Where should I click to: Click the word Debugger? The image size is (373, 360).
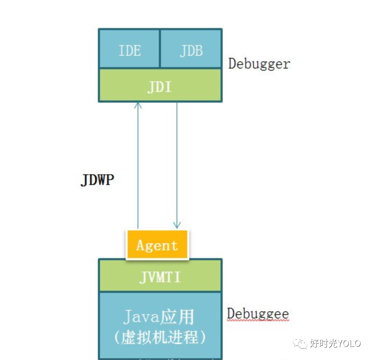point(259,64)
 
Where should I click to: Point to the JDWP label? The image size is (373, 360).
point(97,180)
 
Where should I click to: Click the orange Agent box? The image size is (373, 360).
point(157,245)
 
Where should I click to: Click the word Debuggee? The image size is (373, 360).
point(258,314)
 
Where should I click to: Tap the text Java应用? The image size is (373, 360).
point(159,317)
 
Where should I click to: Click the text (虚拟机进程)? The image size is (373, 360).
point(160,338)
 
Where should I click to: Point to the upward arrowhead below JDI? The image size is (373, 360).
point(138,105)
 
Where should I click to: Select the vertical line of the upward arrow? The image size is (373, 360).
point(138,167)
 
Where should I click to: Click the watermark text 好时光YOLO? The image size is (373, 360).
point(335,343)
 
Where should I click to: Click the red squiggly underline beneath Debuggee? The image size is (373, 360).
point(258,321)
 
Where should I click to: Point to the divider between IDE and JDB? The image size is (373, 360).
point(160,49)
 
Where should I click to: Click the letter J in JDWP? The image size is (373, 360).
point(84,180)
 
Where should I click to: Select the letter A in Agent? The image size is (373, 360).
point(141,245)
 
